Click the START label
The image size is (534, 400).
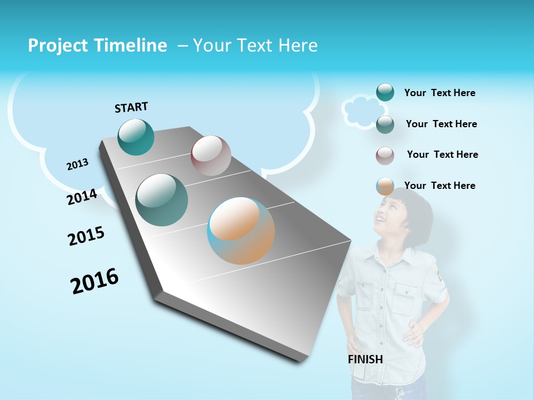[x=131, y=107]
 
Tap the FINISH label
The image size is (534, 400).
[x=365, y=359]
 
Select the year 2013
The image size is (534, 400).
[x=77, y=164]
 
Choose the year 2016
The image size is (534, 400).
[x=95, y=281]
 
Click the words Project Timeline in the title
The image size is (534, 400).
[x=97, y=46]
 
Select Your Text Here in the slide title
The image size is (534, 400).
[x=255, y=46]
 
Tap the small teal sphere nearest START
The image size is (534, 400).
[x=136, y=137]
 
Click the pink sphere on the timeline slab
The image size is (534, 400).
[x=211, y=155]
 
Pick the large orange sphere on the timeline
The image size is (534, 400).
[x=241, y=230]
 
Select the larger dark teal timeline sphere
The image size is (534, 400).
[x=162, y=199]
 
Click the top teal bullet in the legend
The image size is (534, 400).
[x=385, y=92]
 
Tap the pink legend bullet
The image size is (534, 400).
[x=385, y=156]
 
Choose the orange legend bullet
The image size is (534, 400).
[x=385, y=186]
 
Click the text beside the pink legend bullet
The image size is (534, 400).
[x=442, y=154]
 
